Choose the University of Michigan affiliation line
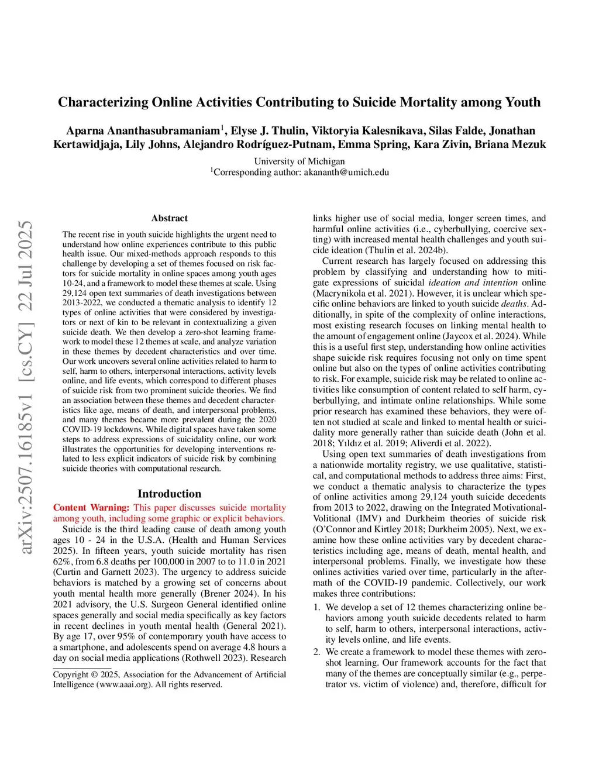pyautogui.click(x=299, y=161)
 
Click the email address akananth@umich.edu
pyautogui.click(x=346, y=172)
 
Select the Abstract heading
pyautogui.click(x=169, y=218)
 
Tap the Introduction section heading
pyautogui.click(x=169, y=494)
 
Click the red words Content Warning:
pyautogui.click(x=91, y=508)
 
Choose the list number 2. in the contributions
pyautogui.click(x=317, y=652)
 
